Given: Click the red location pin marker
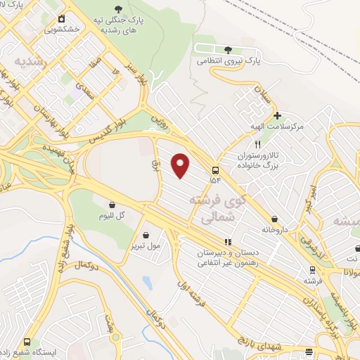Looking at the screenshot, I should click(x=181, y=165).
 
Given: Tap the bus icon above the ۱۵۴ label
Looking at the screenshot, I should click(x=214, y=170).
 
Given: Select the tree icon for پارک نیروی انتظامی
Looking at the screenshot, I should click(x=227, y=49).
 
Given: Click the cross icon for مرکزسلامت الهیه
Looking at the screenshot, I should click(x=278, y=115).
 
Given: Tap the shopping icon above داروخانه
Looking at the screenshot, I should click(x=274, y=219).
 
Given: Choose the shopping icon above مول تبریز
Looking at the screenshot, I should click(x=145, y=235).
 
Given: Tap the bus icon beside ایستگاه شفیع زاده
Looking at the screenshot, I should click(x=27, y=341).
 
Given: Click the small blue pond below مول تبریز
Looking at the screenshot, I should click(x=147, y=283).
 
